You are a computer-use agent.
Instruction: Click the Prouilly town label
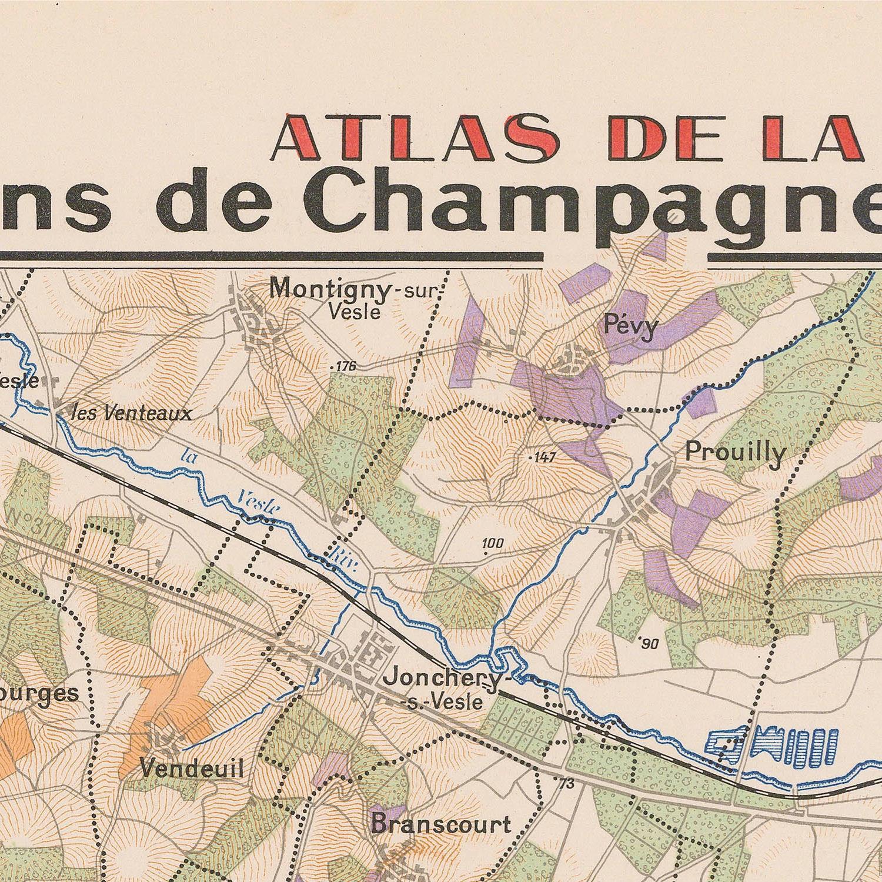(x=735, y=453)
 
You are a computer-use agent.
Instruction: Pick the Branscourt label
(x=441, y=824)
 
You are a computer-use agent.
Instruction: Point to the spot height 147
(x=543, y=457)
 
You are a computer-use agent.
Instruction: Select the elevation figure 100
(x=492, y=544)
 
